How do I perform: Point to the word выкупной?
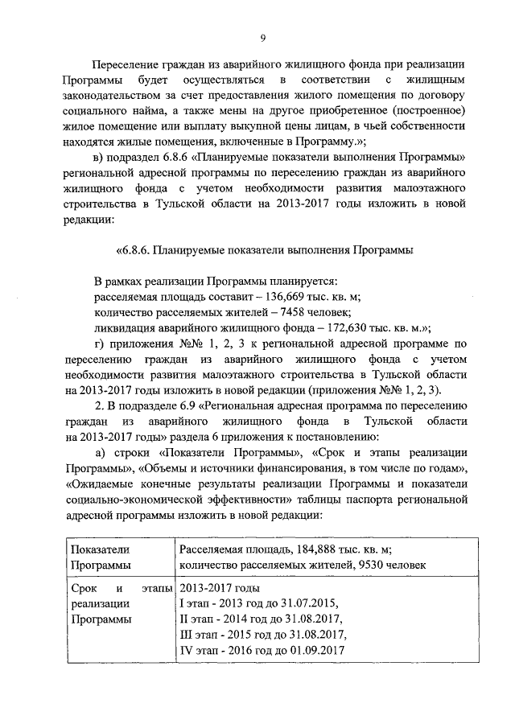pyautogui.click(x=319, y=128)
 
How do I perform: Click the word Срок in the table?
pyautogui.click(x=84, y=589)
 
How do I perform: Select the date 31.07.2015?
pyautogui.click(x=305, y=604)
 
